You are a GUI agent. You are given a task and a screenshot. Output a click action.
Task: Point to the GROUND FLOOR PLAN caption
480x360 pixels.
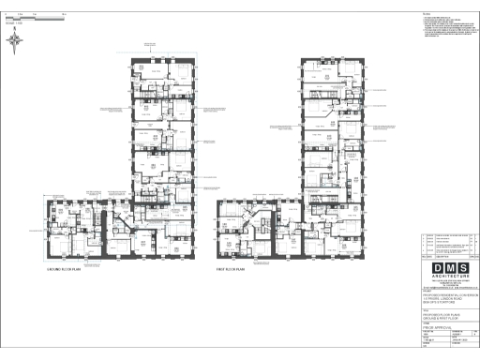(67, 268)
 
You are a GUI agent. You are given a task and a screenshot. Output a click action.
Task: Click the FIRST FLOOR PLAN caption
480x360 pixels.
(235, 268)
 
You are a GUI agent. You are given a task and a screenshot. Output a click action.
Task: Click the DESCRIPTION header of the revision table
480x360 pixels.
(444, 256)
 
